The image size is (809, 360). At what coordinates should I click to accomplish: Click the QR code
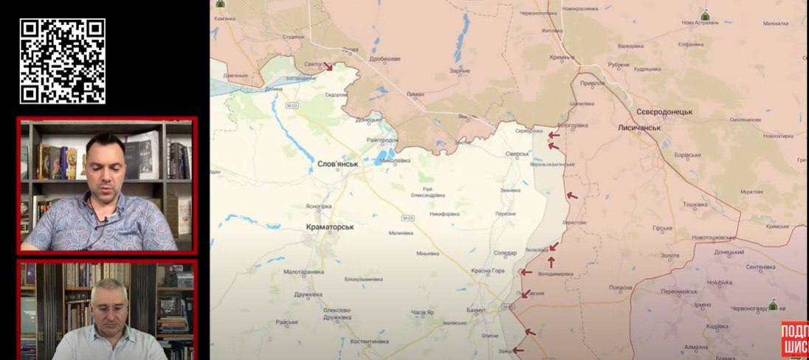tap(62, 60)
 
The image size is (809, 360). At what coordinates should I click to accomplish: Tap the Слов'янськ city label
tap(337, 164)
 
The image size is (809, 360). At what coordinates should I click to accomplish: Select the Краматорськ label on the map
tap(329, 227)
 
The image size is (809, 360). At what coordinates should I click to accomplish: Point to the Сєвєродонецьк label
tap(664, 111)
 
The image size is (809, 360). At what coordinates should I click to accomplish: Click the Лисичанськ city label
tap(639, 128)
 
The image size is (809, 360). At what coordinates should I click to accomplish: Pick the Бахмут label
tap(477, 310)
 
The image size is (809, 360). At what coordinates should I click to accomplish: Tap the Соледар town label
tap(505, 253)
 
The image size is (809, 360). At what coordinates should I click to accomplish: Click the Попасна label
tap(621, 287)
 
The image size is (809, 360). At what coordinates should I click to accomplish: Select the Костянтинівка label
tap(369, 342)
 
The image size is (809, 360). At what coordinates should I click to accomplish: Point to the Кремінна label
tap(561, 57)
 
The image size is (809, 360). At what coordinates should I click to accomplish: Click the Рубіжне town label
tap(619, 64)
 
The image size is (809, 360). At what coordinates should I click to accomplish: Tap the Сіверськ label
tap(517, 153)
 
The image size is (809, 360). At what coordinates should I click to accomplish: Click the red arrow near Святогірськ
tap(328, 66)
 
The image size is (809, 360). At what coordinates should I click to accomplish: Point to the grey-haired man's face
tap(109, 306)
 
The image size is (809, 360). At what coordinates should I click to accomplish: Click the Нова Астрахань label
tap(698, 23)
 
